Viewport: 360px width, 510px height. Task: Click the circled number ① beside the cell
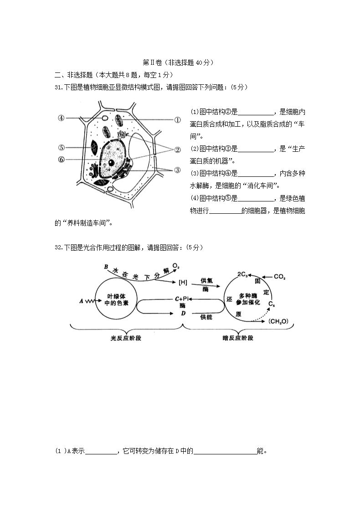click(177, 120)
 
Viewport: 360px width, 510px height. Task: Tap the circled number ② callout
click(177, 149)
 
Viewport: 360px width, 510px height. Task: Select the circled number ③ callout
click(177, 170)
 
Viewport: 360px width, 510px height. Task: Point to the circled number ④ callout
click(61, 118)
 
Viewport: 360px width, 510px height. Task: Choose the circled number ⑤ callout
click(61, 147)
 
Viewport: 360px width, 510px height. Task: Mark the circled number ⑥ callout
click(61, 160)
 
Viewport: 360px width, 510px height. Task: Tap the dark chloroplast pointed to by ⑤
click(94, 148)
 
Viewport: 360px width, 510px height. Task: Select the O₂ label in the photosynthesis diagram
click(176, 266)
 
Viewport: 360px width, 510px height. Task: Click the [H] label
click(183, 282)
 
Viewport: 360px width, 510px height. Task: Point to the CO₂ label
click(279, 277)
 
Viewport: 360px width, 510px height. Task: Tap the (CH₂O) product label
click(278, 321)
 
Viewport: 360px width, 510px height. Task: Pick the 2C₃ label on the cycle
click(242, 274)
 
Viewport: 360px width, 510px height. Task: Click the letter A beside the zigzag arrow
click(81, 301)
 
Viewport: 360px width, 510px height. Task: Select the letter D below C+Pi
click(183, 313)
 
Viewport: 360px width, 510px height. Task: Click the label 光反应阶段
click(126, 338)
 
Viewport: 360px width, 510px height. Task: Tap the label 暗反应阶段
click(238, 338)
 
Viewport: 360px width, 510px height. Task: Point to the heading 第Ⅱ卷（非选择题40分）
click(178, 62)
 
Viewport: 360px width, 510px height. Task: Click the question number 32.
click(59, 247)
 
